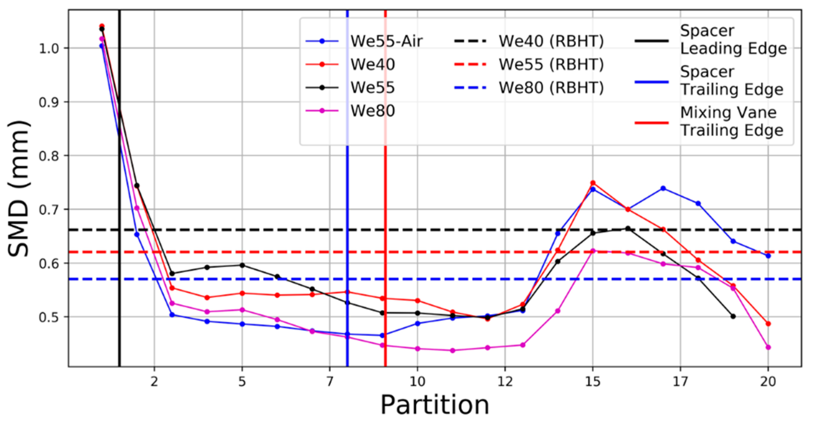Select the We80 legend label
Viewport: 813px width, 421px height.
373,111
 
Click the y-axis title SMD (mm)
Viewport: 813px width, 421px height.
19,189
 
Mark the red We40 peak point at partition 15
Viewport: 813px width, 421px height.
593,183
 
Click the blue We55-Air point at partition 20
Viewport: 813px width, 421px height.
768,256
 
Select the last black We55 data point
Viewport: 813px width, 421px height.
733,316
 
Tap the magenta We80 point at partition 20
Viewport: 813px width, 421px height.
768,347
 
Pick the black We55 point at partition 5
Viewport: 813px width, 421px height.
242,265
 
